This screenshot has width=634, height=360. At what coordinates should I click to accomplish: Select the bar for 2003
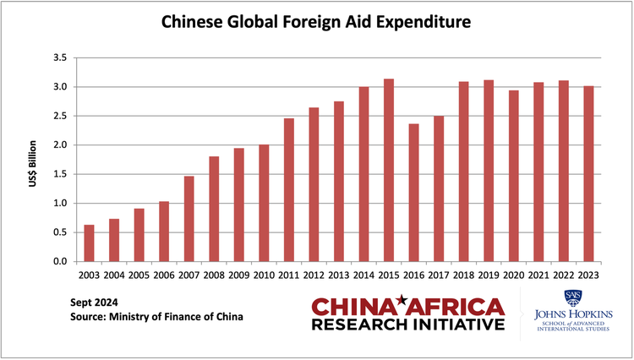tap(89, 243)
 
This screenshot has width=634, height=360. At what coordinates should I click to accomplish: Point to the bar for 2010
tap(265, 203)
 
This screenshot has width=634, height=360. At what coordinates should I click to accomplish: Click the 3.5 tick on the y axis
tap(60, 57)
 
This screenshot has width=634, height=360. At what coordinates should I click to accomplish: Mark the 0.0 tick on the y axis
tap(60, 261)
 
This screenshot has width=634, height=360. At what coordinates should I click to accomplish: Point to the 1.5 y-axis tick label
tap(60, 174)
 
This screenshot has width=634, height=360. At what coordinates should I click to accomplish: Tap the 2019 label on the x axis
tap(489, 275)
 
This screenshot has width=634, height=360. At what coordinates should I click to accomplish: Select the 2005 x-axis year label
tap(139, 275)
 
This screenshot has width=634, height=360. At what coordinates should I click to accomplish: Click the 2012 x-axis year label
tap(314, 275)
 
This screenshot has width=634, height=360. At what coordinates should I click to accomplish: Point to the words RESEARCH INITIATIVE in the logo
tap(409, 325)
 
